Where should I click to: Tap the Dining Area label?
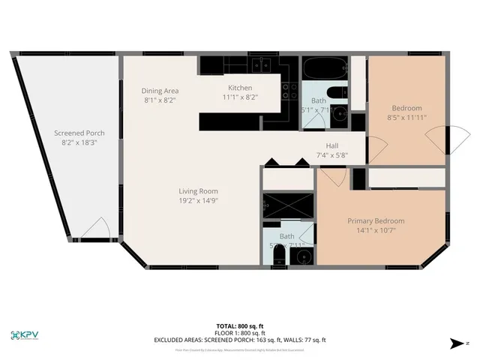[160, 91]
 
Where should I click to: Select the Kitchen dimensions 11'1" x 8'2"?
[240, 97]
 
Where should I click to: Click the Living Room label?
[198, 190]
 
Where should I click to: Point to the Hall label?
[333, 146]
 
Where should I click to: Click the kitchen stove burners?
[287, 91]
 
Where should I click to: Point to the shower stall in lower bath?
[287, 204]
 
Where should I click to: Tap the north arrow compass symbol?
[457, 343]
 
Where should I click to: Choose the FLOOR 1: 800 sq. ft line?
[240, 334]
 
